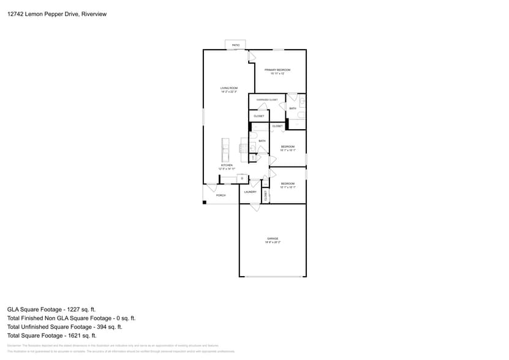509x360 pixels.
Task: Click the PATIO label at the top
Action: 236,45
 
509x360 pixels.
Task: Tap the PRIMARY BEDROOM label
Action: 277,70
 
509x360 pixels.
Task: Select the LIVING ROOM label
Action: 229,88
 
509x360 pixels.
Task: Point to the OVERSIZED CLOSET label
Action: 267,99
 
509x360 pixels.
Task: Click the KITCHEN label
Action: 227,165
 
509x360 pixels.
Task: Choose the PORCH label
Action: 221,195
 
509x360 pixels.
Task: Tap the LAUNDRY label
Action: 250,192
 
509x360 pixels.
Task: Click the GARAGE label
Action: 273,238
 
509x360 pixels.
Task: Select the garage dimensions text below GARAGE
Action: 273,242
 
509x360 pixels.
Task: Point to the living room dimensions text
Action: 229,92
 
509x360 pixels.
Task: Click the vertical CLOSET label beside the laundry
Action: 266,196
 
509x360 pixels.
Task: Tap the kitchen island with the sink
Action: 225,149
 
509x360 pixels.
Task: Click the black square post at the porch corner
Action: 205,203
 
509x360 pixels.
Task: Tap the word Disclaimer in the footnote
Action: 14,346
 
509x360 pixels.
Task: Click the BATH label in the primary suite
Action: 293,108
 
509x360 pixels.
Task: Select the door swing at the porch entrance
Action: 212,187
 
